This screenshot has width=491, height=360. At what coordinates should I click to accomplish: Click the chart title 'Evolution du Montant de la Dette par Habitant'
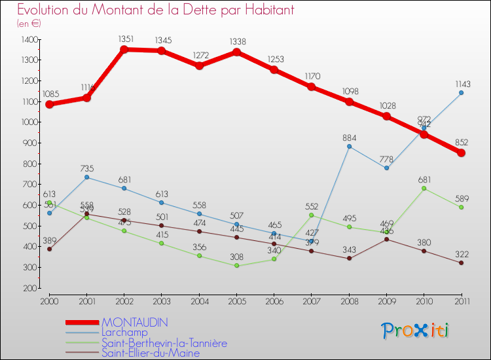coord(156,10)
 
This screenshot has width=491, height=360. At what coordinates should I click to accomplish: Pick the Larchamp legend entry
coord(124,332)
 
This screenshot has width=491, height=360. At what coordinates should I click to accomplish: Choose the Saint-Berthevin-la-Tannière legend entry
coord(164,342)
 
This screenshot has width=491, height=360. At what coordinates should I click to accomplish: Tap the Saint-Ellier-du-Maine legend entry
coord(150,353)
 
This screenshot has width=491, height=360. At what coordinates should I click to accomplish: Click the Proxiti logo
coord(416,331)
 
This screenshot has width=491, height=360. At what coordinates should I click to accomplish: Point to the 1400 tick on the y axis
coord(29,39)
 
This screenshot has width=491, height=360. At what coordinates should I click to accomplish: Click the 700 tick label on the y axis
coord(29,185)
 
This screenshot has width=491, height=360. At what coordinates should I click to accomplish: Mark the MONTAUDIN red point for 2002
coord(124,49)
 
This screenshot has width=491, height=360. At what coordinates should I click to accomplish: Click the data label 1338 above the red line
coord(236,41)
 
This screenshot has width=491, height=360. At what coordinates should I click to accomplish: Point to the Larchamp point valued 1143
coord(461,92)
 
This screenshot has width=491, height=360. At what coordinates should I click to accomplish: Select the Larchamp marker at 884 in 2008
coord(349,146)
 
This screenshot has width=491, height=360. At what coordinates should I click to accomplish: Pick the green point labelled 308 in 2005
coord(237,266)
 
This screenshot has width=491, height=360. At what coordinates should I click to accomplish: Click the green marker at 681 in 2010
coord(424,189)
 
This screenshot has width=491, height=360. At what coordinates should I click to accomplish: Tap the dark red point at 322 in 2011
coord(461,263)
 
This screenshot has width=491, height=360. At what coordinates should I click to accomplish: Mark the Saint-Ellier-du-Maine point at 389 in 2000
coord(49,249)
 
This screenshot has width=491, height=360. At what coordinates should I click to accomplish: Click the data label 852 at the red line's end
coord(461,141)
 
